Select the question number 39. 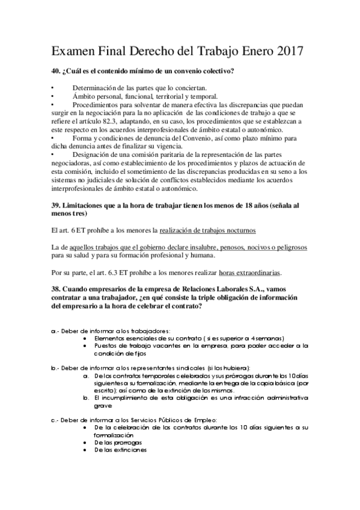pos(56,205)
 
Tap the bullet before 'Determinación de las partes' pos(53,88)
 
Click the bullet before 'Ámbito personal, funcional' pos(53,96)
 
